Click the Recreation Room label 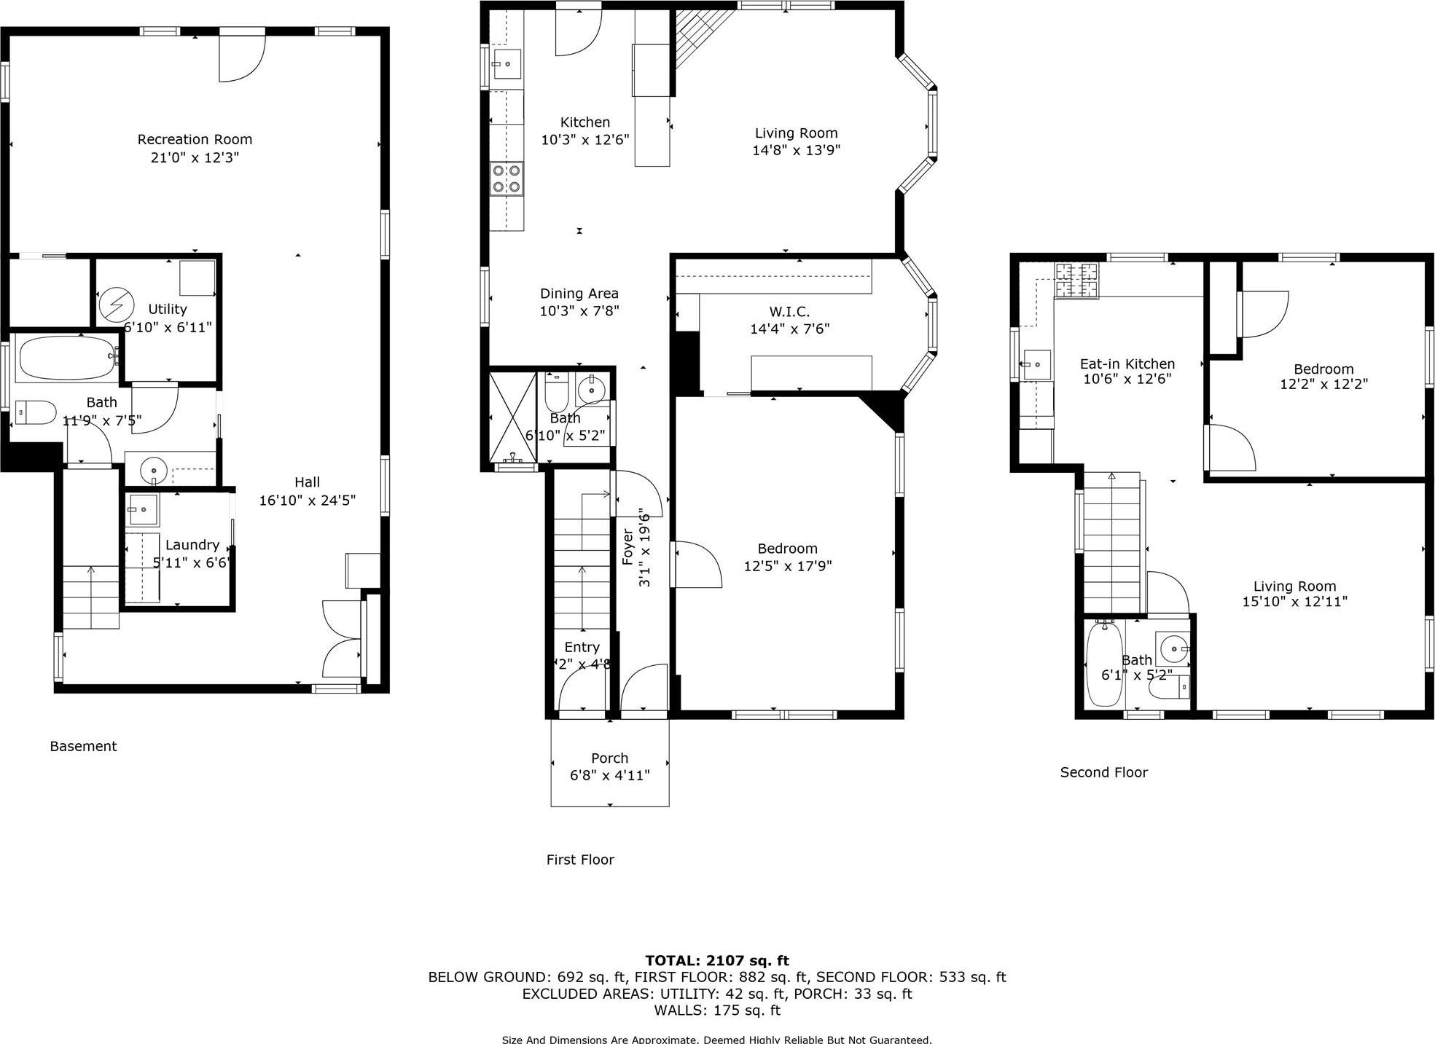pyautogui.click(x=195, y=139)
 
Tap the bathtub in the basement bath pyautogui.click(x=66, y=357)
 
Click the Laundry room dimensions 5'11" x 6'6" pyautogui.click(x=191, y=562)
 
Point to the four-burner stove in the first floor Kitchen pyautogui.click(x=507, y=178)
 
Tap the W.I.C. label pyautogui.click(x=789, y=312)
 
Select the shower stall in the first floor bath pyautogui.click(x=512, y=417)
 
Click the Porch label pyautogui.click(x=609, y=758)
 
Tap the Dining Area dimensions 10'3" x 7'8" pyautogui.click(x=579, y=311)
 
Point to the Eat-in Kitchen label pyautogui.click(x=1127, y=364)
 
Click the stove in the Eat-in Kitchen pyautogui.click(x=1076, y=281)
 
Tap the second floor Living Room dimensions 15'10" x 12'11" pyautogui.click(x=1294, y=602)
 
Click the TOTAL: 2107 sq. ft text pyautogui.click(x=716, y=960)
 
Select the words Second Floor pyautogui.click(x=1103, y=772)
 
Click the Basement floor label pyautogui.click(x=83, y=746)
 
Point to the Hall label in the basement pyautogui.click(x=307, y=482)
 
